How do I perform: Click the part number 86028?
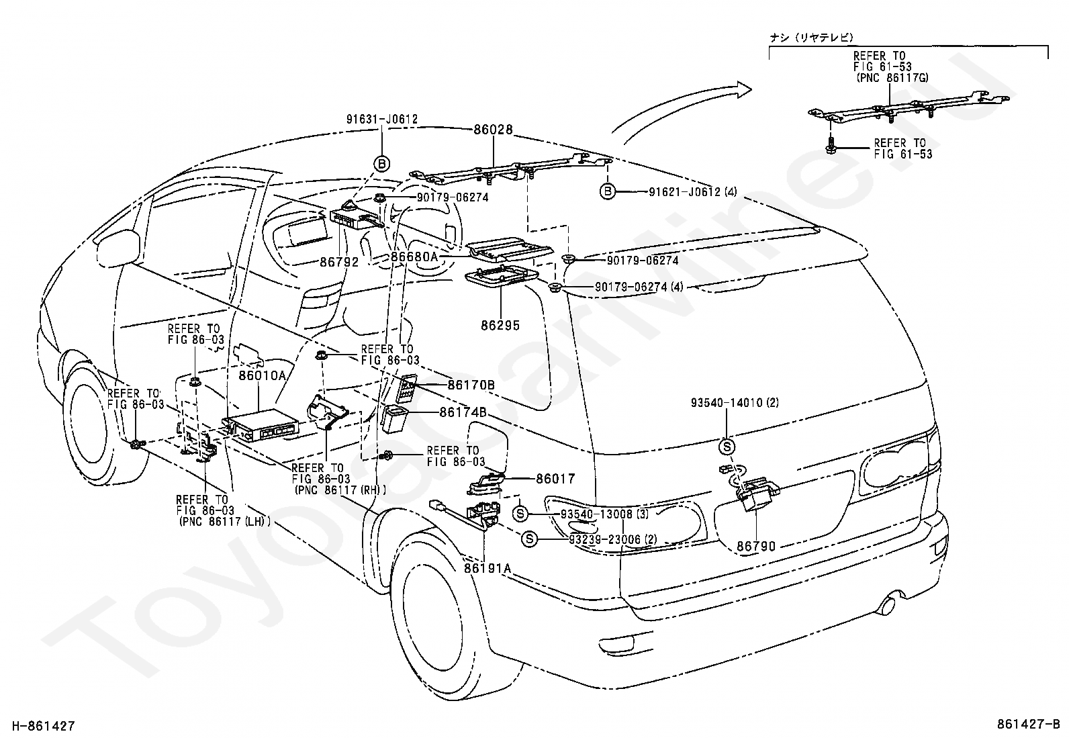(x=493, y=130)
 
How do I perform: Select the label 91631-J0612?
(x=382, y=119)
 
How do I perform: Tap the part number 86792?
(x=339, y=262)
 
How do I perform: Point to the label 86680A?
(x=414, y=257)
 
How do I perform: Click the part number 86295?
(x=500, y=325)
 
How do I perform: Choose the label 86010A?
(x=262, y=375)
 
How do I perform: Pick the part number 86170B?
(x=471, y=385)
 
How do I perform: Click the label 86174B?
(x=463, y=412)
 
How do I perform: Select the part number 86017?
(x=555, y=478)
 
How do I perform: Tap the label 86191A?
(x=487, y=568)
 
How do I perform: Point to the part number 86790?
(x=756, y=546)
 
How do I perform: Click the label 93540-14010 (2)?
(x=735, y=403)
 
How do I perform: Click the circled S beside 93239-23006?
(x=529, y=539)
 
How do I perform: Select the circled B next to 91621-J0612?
(x=608, y=192)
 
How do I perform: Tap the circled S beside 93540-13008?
(x=520, y=514)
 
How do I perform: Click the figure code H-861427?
(x=44, y=726)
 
